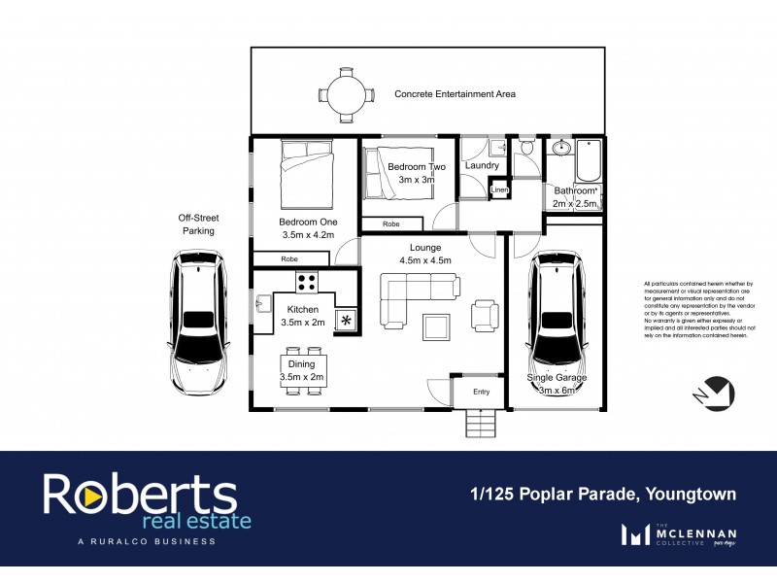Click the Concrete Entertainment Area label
(455, 94)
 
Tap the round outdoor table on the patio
(346, 94)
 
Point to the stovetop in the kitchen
(308, 283)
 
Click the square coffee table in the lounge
(437, 327)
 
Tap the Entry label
(482, 392)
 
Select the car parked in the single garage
(557, 322)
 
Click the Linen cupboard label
(499, 189)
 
